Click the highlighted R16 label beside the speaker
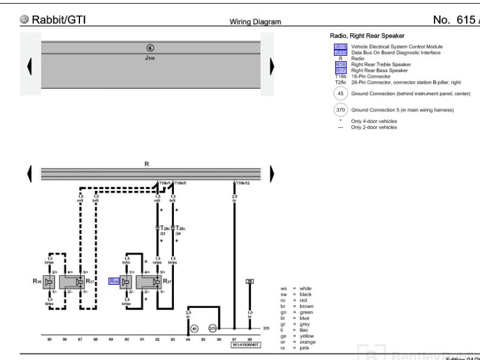pyautogui.click(x=115, y=281)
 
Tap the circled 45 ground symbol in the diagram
pyautogui.click(x=194, y=328)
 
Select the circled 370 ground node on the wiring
pyautogui.click(x=213, y=328)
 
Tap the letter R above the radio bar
pyautogui.click(x=146, y=164)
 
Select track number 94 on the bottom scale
pyautogui.click(x=188, y=340)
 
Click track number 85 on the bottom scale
pyautogui.click(x=48, y=340)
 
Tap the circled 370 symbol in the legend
pyautogui.click(x=340, y=110)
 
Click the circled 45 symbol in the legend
pyautogui.click(x=340, y=93)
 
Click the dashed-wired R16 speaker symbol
pyautogui.click(x=50, y=281)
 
